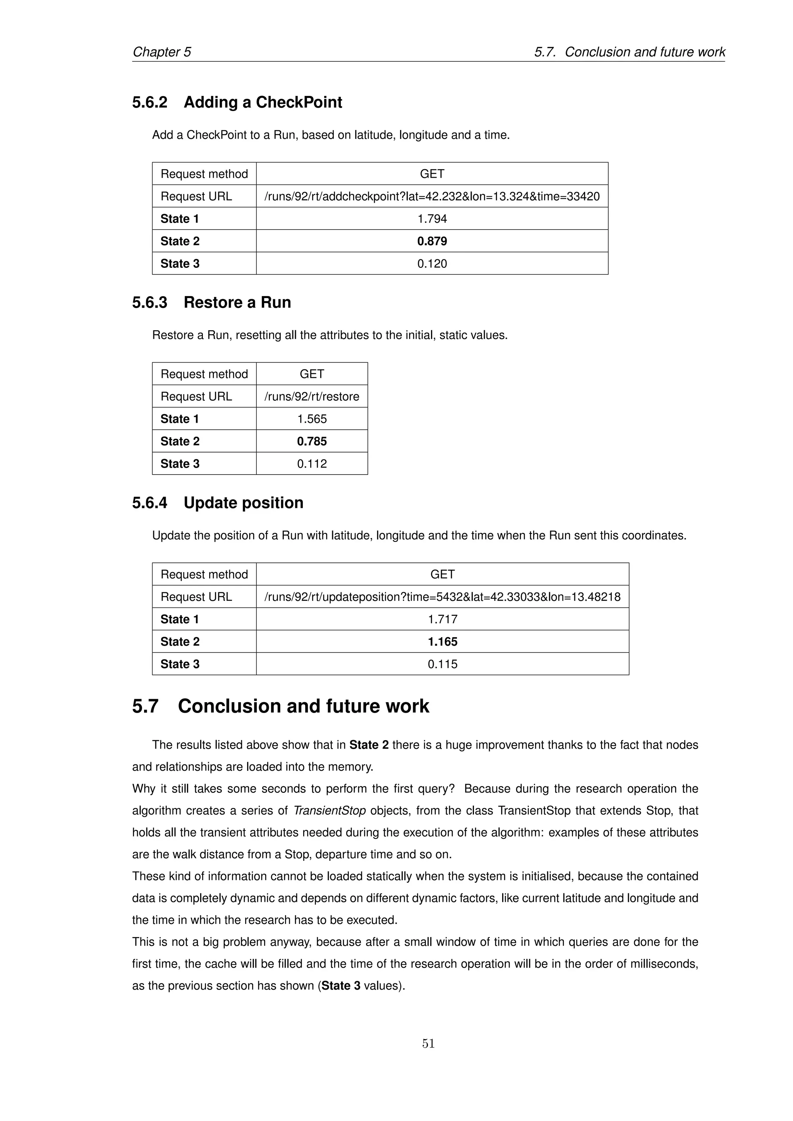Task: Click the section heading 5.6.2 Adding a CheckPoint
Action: pos(237,102)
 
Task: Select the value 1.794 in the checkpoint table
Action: pos(432,219)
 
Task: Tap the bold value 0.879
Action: pos(432,241)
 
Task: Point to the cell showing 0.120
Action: pos(432,264)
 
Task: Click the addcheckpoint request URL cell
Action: pos(432,196)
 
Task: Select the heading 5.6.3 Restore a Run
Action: pos(211,302)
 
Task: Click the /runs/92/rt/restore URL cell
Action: pos(312,396)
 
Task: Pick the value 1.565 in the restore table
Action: pos(312,419)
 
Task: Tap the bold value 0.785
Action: pos(312,441)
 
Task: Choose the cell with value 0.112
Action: pos(312,464)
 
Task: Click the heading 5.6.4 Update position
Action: pos(218,502)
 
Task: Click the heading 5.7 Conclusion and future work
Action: pos(280,706)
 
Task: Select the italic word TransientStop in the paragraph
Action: pos(329,811)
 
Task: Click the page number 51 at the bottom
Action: pos(428,1043)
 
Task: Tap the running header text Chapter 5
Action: pos(161,52)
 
